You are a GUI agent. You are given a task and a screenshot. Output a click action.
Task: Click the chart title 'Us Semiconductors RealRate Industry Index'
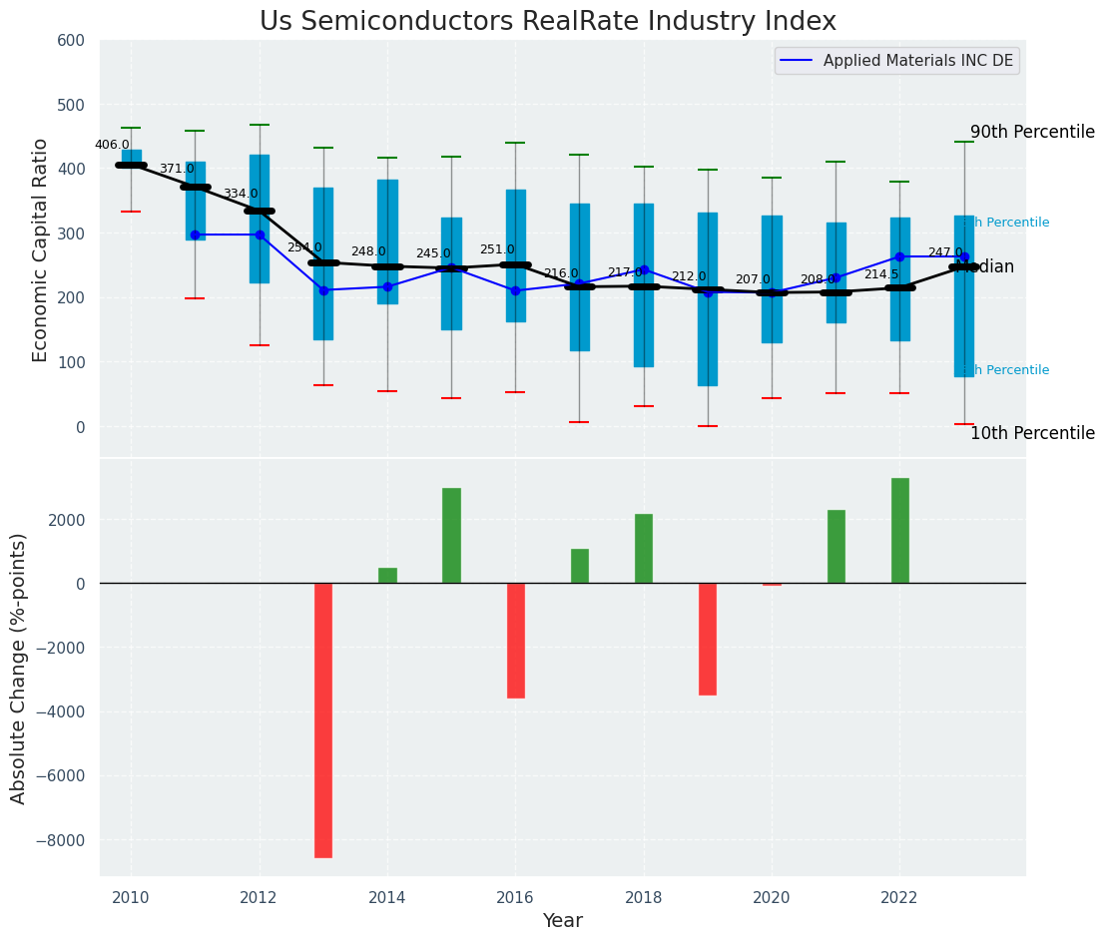click(x=547, y=22)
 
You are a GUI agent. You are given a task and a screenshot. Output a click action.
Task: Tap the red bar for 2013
click(x=323, y=719)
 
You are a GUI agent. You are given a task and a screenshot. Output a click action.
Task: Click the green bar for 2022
click(x=900, y=531)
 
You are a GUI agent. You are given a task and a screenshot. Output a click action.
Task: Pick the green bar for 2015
click(x=451, y=536)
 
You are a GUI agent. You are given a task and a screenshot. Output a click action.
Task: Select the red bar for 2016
click(x=516, y=640)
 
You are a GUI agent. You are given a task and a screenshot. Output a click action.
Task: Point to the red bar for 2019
click(x=708, y=639)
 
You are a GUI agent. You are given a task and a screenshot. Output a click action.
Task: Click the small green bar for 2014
click(x=387, y=576)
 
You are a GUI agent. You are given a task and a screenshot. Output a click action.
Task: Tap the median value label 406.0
click(x=112, y=145)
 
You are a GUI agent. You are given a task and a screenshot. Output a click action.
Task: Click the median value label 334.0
click(x=240, y=194)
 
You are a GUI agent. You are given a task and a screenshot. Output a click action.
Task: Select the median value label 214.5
click(x=881, y=274)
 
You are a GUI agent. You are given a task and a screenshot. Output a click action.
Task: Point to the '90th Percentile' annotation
click(x=1032, y=133)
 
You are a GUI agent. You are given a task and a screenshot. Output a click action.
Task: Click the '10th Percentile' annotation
click(x=1032, y=433)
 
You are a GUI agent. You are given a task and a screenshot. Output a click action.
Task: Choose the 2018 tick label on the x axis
click(x=644, y=898)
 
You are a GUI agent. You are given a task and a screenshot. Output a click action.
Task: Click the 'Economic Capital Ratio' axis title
click(x=41, y=249)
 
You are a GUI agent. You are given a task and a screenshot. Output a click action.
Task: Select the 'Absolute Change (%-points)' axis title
click(x=19, y=668)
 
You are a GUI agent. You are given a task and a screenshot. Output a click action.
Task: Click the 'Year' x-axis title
click(x=562, y=921)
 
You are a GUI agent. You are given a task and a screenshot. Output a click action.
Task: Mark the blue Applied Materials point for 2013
click(x=323, y=290)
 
